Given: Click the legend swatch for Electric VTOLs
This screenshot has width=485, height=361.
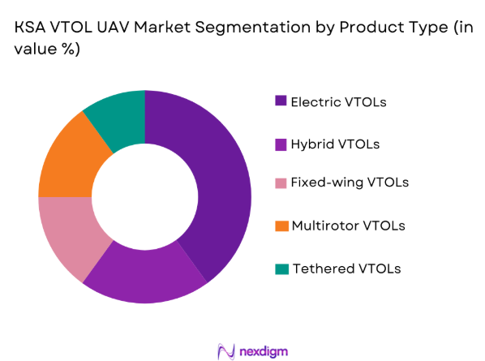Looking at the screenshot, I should [x=281, y=101].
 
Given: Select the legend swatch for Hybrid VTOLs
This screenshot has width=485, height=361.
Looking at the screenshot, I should [x=281, y=144].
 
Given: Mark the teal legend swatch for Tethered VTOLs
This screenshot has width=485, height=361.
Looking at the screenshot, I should [x=281, y=269].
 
